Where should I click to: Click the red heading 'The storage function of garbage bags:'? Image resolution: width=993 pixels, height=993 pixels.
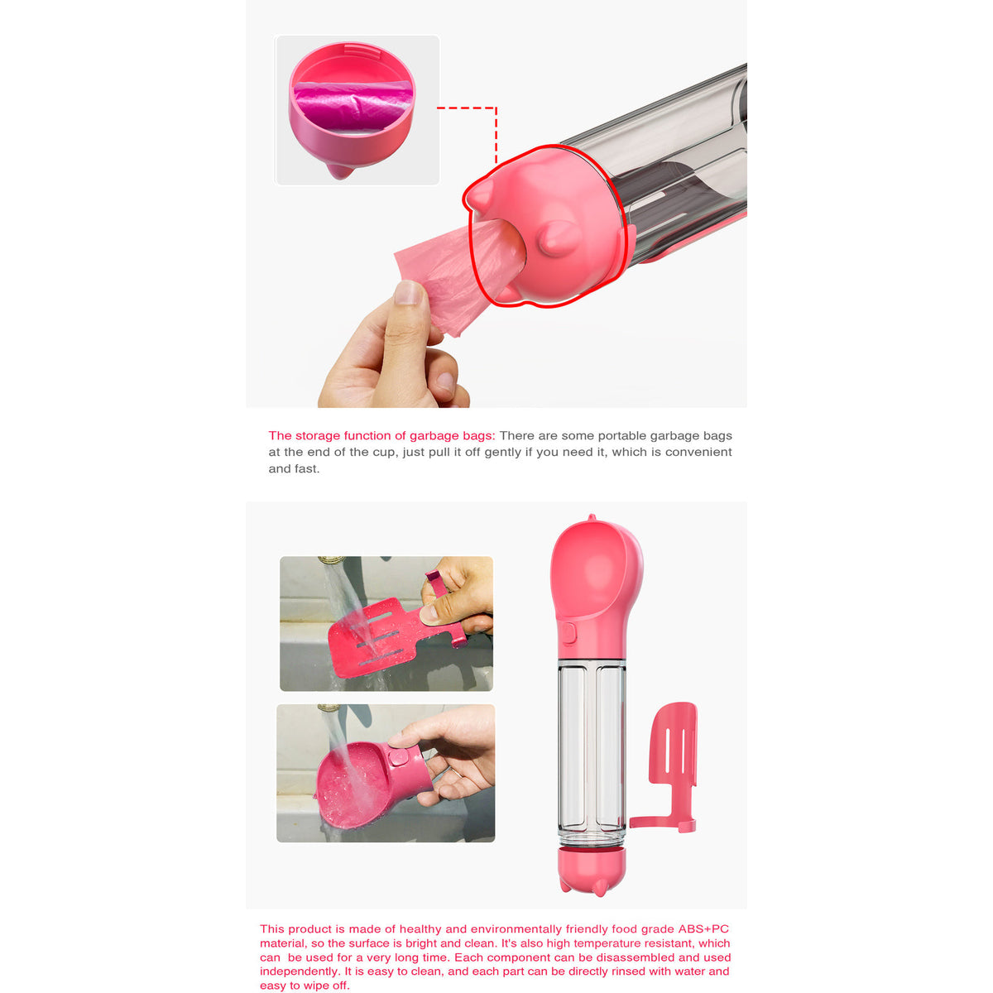pos(381,435)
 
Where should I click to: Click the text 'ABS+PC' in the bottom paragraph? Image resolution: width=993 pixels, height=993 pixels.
pos(703,929)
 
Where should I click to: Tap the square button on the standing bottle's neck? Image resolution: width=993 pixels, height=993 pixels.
pos(568,633)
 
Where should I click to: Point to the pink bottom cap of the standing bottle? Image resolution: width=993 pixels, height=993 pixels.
pos(592,869)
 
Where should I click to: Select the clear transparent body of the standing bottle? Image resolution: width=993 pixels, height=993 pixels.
pos(591,745)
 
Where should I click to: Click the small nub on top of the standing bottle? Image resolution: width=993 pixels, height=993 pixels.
pos(591,519)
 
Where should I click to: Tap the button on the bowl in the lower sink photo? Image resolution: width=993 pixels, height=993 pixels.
pos(398,757)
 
